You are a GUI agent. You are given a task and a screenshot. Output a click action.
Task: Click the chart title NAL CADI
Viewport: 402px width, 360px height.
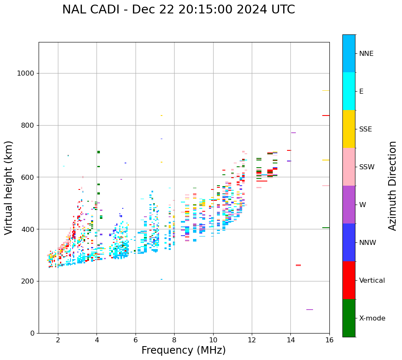point(178,10)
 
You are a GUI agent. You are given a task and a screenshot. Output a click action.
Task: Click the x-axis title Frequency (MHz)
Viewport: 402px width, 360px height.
point(183,350)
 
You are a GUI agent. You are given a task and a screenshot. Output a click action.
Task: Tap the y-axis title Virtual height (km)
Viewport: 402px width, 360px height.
point(9,187)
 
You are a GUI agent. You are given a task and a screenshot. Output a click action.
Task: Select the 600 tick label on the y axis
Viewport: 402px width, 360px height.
point(27,177)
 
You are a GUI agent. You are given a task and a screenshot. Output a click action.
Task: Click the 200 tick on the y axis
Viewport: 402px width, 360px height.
point(27,281)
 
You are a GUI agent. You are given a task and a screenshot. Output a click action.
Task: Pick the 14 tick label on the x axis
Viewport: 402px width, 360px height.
point(290,339)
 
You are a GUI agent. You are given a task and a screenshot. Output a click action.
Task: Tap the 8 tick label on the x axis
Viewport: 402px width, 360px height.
point(174,339)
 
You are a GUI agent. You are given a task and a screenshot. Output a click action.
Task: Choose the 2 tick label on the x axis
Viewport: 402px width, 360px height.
point(58,339)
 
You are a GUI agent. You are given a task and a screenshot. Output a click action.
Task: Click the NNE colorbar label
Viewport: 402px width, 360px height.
point(366,54)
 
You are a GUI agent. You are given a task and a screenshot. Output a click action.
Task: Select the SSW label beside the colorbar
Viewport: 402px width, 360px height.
point(366,167)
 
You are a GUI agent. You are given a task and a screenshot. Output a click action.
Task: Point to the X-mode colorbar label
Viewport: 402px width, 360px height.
point(372,318)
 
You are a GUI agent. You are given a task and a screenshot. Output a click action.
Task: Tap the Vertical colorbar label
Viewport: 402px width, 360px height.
point(372,281)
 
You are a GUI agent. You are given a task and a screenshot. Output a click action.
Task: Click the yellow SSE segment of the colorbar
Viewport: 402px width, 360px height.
point(349,129)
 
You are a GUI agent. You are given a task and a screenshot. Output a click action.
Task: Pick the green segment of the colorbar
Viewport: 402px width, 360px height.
point(349,318)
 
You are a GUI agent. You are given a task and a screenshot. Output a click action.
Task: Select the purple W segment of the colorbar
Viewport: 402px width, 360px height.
point(349,205)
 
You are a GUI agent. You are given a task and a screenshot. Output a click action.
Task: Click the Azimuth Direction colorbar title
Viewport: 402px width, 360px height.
point(392,186)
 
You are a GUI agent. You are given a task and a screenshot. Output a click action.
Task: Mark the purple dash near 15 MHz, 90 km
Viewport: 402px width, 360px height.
point(310,310)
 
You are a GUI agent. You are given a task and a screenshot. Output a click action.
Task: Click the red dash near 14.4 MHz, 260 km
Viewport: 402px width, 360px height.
point(298,265)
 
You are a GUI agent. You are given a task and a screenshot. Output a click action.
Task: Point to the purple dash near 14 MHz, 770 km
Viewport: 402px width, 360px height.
point(293,133)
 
